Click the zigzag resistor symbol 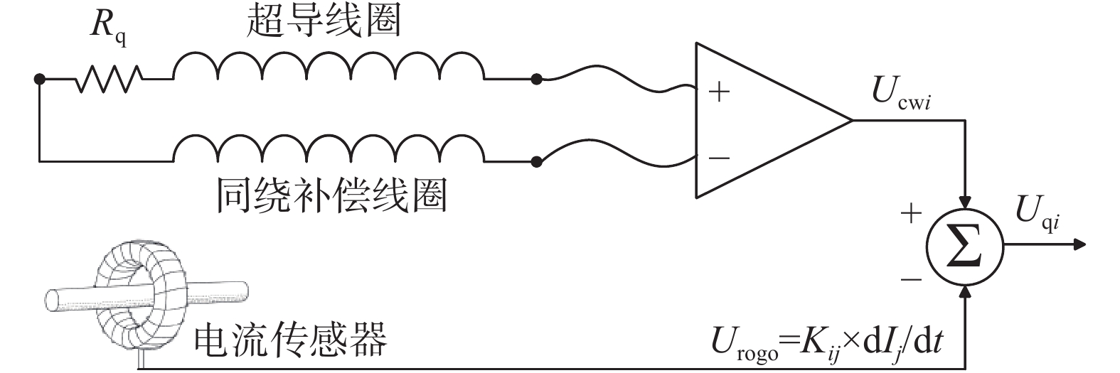tap(109, 79)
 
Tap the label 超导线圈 tap(324, 21)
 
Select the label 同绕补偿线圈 tap(331, 195)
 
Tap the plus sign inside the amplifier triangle tap(719, 92)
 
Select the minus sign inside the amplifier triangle tap(719, 158)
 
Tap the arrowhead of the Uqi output tap(1079, 244)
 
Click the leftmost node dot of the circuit tap(40, 79)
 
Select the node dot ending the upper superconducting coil tap(536, 79)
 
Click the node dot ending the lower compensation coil tap(536, 162)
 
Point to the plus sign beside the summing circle tap(911, 213)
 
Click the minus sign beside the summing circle tap(911, 279)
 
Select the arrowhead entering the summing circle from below tap(964, 291)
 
